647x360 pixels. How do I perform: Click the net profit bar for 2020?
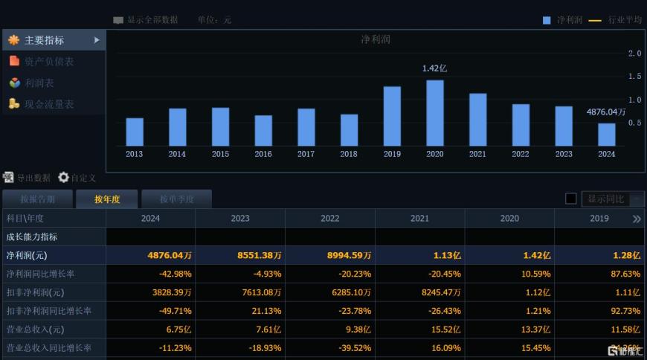(435, 113)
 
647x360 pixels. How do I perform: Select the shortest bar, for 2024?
(607, 135)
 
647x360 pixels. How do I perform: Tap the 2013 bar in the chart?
(135, 132)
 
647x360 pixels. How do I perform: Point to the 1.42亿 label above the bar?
(434, 68)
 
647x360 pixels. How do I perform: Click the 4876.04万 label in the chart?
(606, 112)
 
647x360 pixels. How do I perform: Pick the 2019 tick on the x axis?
(392, 154)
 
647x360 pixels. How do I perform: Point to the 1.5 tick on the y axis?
(634, 77)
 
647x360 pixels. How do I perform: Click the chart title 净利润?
(376, 39)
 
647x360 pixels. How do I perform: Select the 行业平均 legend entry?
(625, 20)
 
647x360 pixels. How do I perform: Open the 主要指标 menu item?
(45, 40)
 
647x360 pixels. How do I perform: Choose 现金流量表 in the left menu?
(49, 105)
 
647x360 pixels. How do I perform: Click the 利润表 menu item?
(39, 83)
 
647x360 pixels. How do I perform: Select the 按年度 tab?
(107, 199)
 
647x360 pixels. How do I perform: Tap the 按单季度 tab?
(176, 199)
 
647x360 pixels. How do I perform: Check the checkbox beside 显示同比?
(571, 199)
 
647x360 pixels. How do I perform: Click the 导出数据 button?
(27, 178)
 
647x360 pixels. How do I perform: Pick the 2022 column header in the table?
(330, 219)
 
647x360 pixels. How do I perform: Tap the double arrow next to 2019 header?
(637, 219)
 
